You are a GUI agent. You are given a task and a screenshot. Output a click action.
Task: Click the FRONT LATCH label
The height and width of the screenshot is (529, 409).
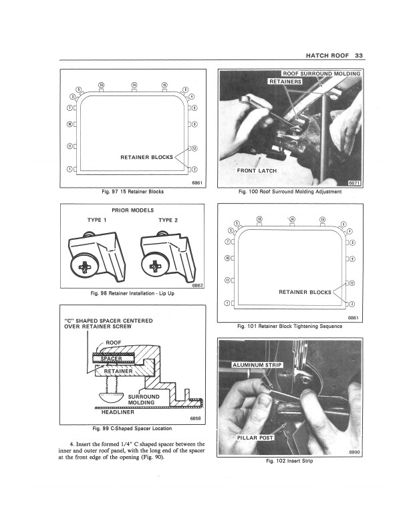click(x=257, y=171)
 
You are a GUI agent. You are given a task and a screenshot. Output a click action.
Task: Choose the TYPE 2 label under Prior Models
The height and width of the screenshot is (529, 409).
click(x=168, y=220)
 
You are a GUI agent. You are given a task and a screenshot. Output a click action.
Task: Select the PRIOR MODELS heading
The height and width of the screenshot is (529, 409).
click(x=134, y=210)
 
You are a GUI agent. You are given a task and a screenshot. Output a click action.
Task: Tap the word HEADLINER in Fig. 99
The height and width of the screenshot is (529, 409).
click(x=118, y=411)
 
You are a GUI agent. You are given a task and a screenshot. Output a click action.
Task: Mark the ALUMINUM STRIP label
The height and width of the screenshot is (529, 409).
click(x=258, y=366)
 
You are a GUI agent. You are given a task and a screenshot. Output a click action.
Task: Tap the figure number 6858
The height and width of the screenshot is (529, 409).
click(x=195, y=418)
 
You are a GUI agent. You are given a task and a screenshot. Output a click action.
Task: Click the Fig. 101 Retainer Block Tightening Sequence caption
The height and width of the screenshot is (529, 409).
click(x=290, y=327)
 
